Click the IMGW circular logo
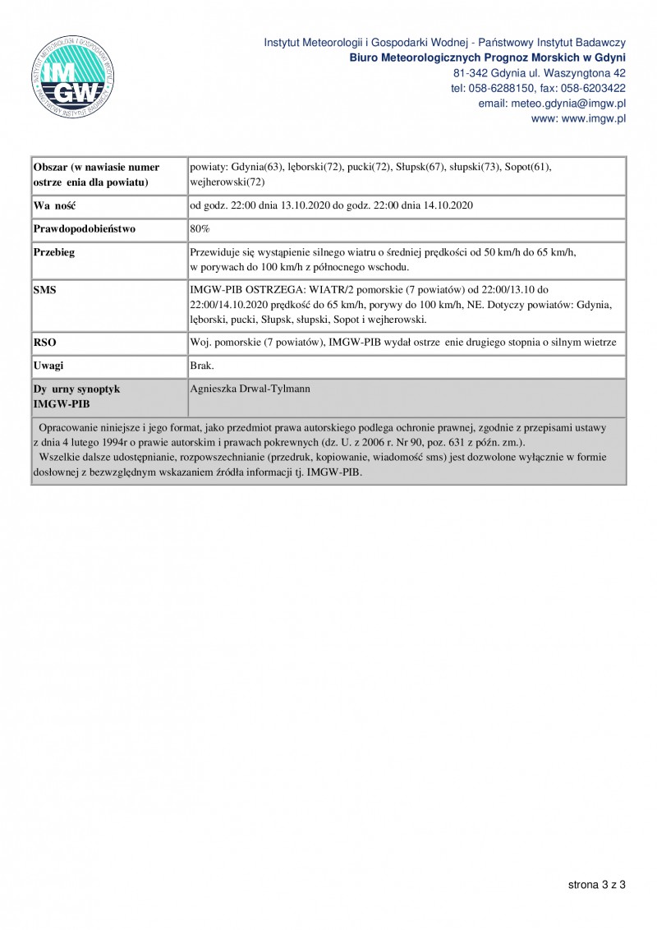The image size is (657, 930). coord(73,76)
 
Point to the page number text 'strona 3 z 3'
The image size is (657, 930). coord(596,884)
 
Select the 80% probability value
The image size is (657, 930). coord(200,228)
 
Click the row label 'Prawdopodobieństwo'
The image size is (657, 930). coord(84,228)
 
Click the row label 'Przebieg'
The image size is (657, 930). coord(54,252)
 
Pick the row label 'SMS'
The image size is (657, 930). coord(44,290)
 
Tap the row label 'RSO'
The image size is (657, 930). coord(44,341)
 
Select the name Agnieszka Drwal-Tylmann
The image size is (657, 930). coord(243,387)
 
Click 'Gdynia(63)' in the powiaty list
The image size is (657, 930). coord(258,167)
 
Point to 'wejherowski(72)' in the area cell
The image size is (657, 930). coord(227,182)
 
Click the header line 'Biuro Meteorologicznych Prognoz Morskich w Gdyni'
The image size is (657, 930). coord(488,58)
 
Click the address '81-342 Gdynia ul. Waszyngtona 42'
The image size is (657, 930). coord(540,73)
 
